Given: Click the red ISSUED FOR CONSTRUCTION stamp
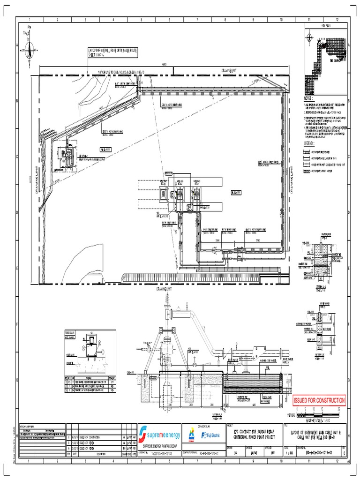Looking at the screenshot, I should [319, 401].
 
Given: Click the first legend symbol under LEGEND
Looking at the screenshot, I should [307, 152].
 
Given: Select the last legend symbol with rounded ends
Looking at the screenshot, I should [307, 172].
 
